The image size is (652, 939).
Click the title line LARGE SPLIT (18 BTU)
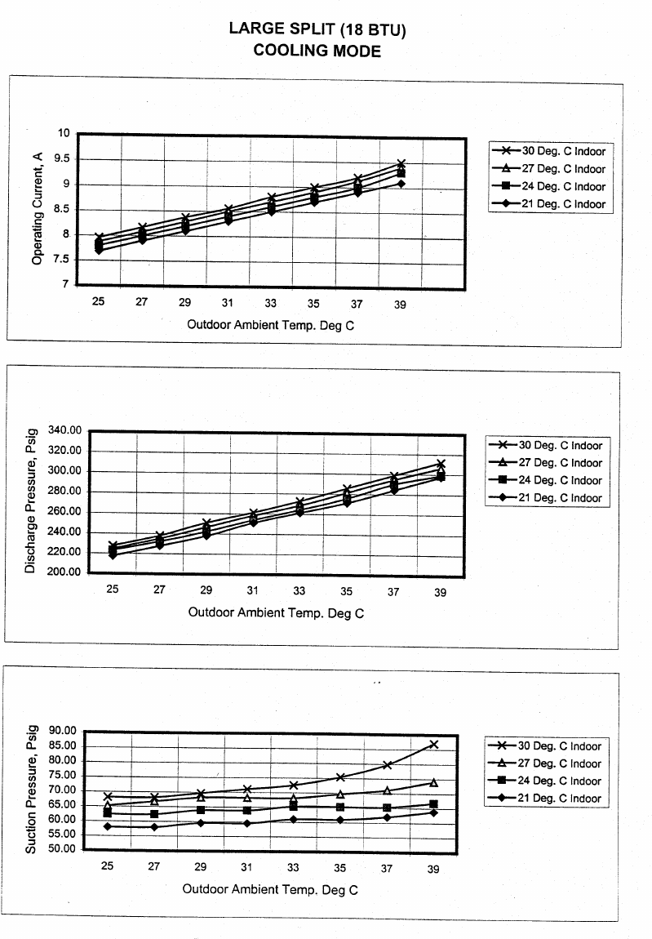(x=317, y=29)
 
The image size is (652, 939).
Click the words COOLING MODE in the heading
(x=317, y=51)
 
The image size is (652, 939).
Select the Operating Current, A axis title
(x=37, y=210)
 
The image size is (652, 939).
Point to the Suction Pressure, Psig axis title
(x=30, y=790)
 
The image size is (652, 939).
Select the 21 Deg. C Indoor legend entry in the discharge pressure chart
(x=544, y=498)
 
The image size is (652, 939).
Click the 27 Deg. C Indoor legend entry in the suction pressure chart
(x=544, y=763)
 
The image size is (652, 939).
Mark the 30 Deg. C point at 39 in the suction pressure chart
(x=434, y=745)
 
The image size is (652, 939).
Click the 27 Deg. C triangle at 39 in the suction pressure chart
(x=434, y=783)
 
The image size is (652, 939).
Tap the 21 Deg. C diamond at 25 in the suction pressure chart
(x=108, y=826)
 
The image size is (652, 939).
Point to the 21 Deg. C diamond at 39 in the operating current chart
(x=401, y=184)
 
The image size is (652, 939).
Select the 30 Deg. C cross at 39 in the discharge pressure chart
(x=441, y=464)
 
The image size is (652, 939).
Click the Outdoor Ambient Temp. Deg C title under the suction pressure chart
(x=270, y=889)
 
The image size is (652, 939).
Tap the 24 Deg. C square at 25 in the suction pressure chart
(x=108, y=813)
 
